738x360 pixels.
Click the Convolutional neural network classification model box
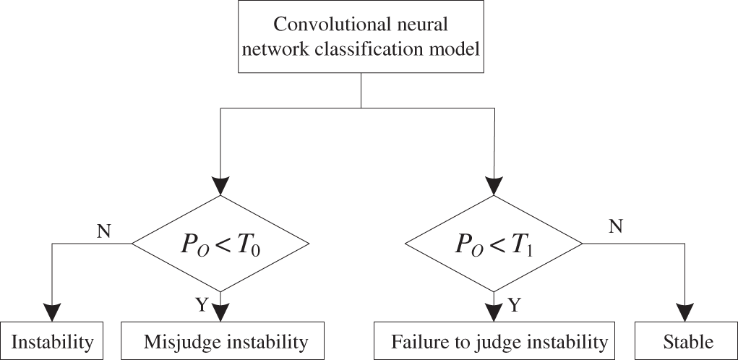(361, 37)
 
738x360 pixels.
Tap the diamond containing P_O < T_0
(220, 244)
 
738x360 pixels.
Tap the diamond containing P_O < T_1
(494, 244)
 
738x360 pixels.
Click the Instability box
(52, 340)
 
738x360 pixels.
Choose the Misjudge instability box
(223, 340)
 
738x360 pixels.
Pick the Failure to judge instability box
(494, 340)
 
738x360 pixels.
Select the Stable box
(687, 340)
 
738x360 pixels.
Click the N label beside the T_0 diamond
(104, 232)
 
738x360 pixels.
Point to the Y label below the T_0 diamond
(201, 305)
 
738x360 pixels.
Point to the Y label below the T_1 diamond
(514, 305)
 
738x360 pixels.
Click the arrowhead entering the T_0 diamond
(220, 185)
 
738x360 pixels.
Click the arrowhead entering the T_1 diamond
(494, 185)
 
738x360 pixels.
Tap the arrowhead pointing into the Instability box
(52, 312)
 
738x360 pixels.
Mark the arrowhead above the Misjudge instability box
(220, 312)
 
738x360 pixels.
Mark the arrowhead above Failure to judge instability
(494, 312)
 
